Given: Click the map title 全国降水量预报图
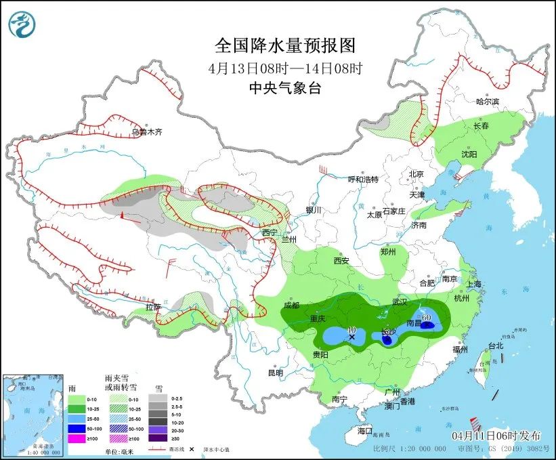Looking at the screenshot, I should coord(284,46).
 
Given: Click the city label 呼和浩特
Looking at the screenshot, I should coord(363,180).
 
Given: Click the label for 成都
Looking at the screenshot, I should coord(292,305).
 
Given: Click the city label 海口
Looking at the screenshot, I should coord(365,431).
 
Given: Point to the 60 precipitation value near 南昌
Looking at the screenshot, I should coord(427,316).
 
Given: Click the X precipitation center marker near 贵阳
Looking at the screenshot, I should coord(351,336).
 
